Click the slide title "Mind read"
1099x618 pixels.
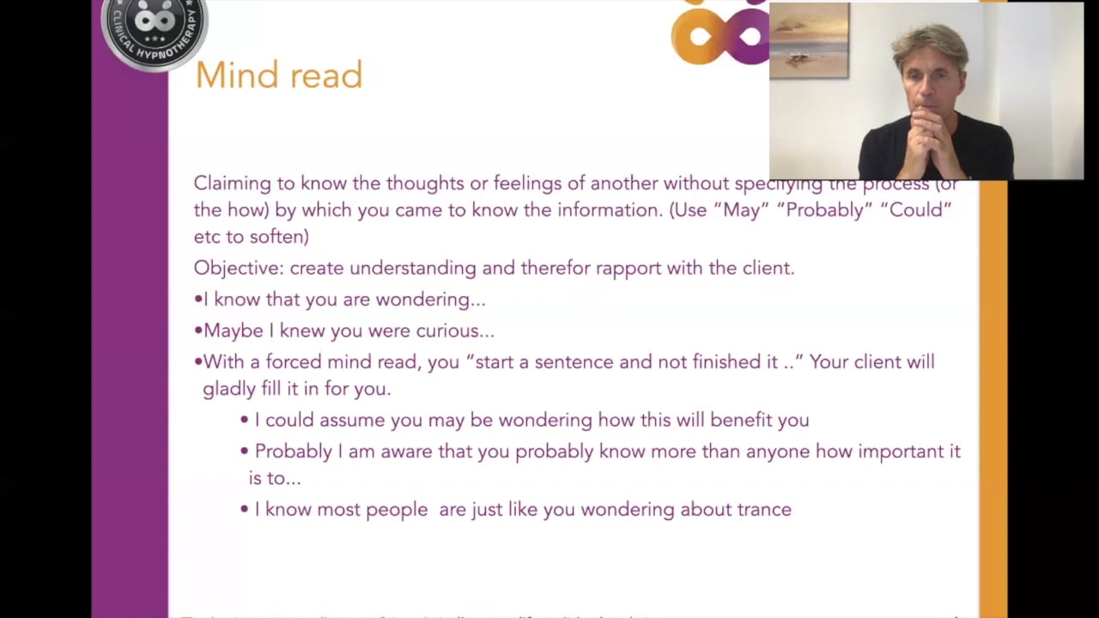278,76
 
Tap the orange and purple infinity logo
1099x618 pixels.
720,34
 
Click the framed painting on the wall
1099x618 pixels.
809,41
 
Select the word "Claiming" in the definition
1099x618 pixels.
232,183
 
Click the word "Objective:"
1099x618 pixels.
238,268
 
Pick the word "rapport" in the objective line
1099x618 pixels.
628,268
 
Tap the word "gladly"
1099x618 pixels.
229,389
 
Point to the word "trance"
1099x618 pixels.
764,510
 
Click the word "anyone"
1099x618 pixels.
777,451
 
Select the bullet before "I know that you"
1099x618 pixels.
198,300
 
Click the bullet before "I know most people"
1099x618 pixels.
245,510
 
